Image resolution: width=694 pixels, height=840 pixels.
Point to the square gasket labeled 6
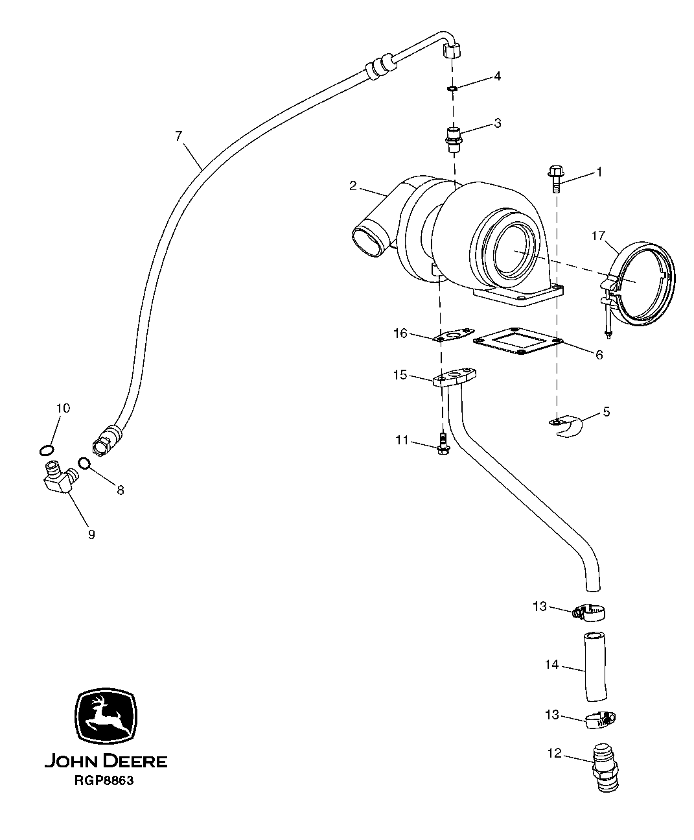[x=518, y=342]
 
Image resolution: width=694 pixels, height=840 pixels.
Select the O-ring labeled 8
[x=84, y=462]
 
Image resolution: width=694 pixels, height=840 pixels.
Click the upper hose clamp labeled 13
[x=591, y=611]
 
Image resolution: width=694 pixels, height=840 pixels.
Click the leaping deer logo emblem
[x=106, y=715]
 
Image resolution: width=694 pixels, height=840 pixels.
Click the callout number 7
[x=179, y=136]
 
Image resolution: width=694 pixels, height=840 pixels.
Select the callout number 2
[x=353, y=186]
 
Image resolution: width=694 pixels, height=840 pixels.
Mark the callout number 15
[x=400, y=374]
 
